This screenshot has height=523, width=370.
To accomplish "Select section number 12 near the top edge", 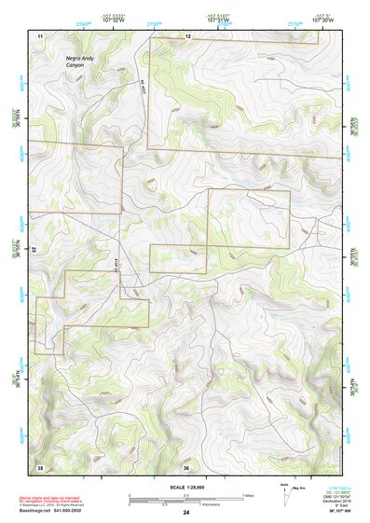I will pos(187,35).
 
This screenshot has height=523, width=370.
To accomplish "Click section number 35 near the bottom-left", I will pos(40,466).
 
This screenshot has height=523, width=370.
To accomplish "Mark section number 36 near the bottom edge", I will pos(186,467).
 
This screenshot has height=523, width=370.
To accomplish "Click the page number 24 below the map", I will pos(186,513).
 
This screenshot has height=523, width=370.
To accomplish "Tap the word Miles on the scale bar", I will pos(248,495).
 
